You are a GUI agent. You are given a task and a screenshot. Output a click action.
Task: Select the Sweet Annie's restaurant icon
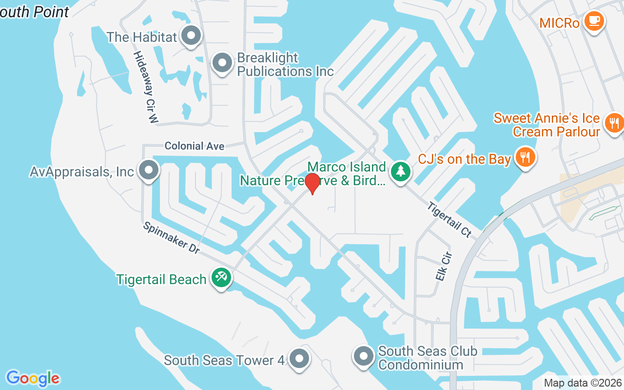click(x=614, y=122)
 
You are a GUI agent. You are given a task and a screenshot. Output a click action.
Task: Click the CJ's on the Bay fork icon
click(x=525, y=157)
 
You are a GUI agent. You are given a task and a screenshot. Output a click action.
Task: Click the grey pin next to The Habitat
click(x=191, y=36)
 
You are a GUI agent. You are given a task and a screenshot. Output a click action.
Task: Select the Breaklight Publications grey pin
click(x=223, y=63)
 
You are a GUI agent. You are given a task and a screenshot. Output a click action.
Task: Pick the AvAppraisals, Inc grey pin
click(x=149, y=171)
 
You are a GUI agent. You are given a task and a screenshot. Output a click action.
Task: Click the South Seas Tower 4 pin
click(x=299, y=359)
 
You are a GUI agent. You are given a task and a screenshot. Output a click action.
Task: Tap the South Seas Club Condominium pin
click(x=363, y=356)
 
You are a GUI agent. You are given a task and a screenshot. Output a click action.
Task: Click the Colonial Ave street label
click(x=195, y=146)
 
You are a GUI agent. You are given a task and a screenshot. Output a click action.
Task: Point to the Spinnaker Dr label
click(x=172, y=238)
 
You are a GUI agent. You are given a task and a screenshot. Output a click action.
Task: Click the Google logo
click(x=33, y=378)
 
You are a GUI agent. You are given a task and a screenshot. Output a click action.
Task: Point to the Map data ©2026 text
click(x=583, y=383)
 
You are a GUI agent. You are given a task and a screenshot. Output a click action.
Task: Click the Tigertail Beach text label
click(x=161, y=279)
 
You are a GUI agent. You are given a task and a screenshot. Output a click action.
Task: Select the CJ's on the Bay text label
click(x=465, y=159)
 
